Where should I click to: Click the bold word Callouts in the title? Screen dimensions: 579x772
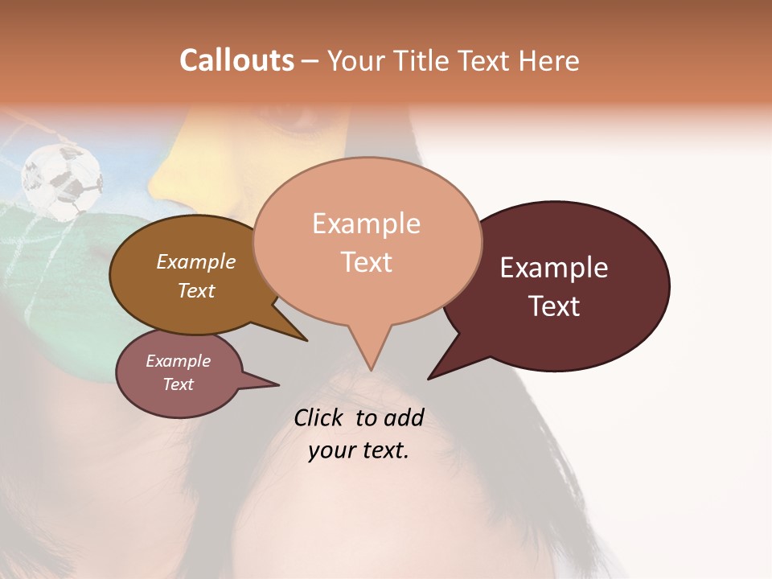(236, 60)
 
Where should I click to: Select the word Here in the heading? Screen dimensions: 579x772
(549, 60)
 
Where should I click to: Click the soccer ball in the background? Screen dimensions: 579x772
(62, 181)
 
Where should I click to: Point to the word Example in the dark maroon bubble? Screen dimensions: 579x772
(554, 268)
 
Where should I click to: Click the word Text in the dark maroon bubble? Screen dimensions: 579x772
(554, 306)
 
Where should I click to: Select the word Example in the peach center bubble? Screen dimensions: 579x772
(366, 224)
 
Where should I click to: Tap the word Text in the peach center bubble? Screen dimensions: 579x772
(366, 262)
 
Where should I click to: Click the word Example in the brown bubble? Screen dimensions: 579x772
(196, 261)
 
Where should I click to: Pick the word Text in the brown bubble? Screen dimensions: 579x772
(196, 290)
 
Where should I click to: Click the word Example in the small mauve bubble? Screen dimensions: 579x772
(178, 361)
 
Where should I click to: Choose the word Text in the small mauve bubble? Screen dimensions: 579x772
(178, 384)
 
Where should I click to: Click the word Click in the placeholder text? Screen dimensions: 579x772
(320, 417)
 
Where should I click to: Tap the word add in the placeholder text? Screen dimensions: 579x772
(403, 417)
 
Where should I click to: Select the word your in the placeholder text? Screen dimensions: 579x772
(331, 450)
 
